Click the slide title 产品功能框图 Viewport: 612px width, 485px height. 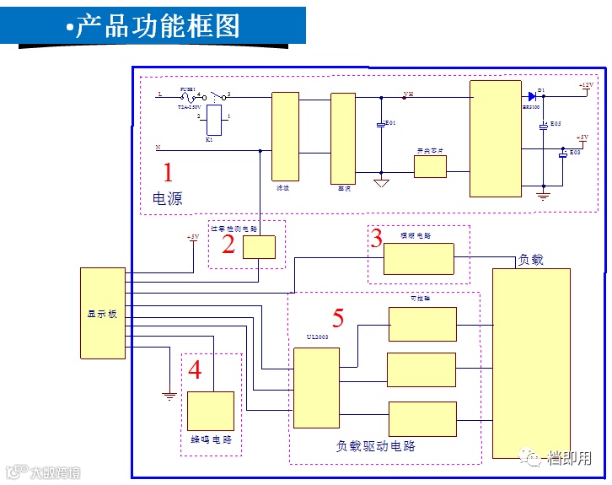click(x=157, y=26)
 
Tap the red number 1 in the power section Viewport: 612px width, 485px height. click(x=168, y=174)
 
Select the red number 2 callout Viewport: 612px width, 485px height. click(x=228, y=245)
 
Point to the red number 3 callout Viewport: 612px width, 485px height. click(x=377, y=238)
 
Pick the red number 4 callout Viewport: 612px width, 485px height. click(x=195, y=370)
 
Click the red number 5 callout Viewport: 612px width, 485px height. click(x=338, y=319)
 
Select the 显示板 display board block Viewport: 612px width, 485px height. click(x=102, y=313)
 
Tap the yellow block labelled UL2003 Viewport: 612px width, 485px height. click(x=316, y=387)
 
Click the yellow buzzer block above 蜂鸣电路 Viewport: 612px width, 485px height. click(x=210, y=412)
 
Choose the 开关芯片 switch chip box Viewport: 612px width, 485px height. click(x=430, y=166)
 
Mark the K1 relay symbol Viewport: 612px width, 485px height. click(x=214, y=119)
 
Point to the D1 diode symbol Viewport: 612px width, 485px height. click(x=532, y=96)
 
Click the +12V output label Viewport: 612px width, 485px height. click(x=586, y=86)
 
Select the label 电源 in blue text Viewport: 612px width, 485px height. click(x=167, y=199)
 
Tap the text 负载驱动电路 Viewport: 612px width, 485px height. click(x=376, y=445)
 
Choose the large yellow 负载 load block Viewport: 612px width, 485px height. click(x=531, y=363)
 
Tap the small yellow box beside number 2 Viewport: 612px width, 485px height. click(x=259, y=247)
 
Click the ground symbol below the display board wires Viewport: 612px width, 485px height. click(x=169, y=394)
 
